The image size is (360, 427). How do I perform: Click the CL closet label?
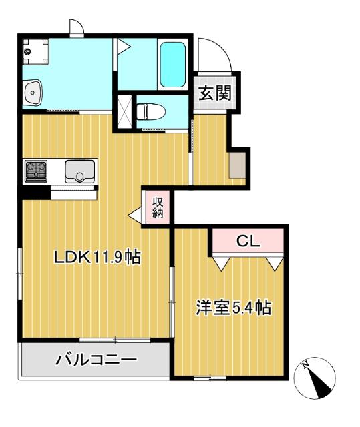click(248, 242)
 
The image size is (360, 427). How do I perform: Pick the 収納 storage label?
click(158, 207)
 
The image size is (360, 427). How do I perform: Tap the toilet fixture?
click(151, 111)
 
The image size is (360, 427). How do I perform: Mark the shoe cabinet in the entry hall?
click(237, 165)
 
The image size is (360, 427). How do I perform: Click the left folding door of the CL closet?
click(223, 263)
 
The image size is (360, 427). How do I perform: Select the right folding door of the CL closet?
click(274, 263)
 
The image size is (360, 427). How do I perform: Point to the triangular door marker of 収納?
click(135, 215)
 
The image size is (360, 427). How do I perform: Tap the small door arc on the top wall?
click(75, 27)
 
